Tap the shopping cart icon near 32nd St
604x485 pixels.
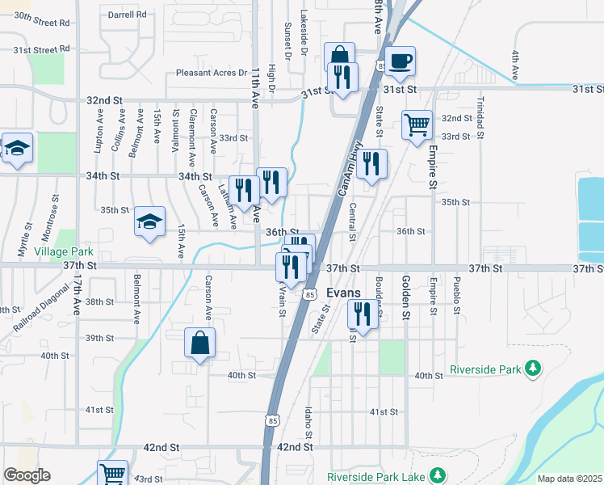pyautogui.click(x=417, y=124)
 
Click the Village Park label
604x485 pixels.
pyautogui.click(x=64, y=252)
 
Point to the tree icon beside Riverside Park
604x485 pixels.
pyautogui.click(x=532, y=369)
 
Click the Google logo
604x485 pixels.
pyautogui.click(x=27, y=475)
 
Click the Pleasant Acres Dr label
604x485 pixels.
pyautogui.click(x=211, y=73)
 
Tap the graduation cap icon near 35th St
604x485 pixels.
pyautogui.click(x=150, y=221)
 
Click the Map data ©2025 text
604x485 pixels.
pyautogui.click(x=568, y=479)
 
